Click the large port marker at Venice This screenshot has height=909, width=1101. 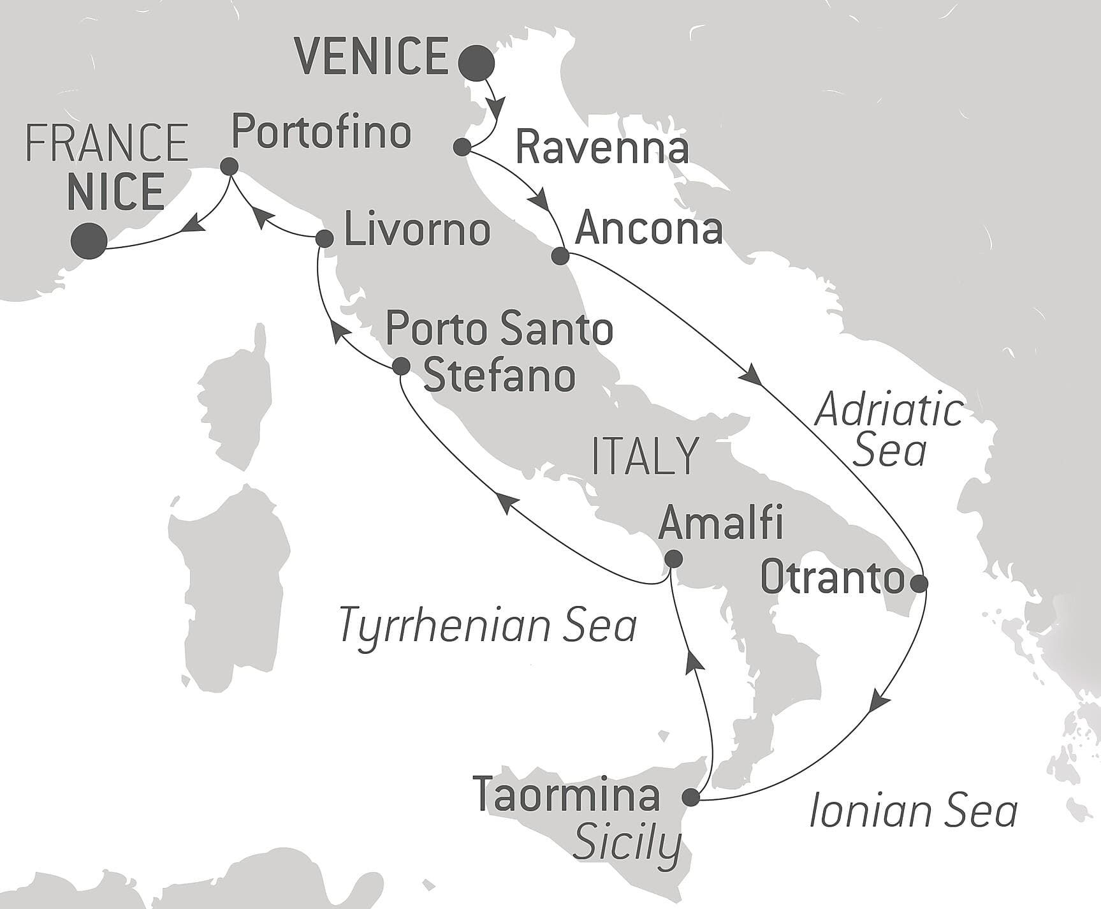477,63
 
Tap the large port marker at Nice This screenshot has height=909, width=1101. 89,241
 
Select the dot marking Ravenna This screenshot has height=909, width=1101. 462,147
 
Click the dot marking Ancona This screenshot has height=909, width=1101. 560,256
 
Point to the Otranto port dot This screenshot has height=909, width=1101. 919,583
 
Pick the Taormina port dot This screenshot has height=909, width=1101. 690,797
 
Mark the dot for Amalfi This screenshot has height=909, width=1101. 673,559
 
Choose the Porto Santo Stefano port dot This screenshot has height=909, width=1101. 401,366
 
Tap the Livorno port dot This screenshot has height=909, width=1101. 324,239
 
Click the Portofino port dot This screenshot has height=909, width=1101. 229,167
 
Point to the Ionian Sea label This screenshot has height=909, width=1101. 913,812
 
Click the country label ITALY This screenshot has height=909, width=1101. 645,456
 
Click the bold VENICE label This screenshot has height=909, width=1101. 373,56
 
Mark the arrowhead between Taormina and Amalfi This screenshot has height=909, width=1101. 695,663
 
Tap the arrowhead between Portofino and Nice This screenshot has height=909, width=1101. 193,223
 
